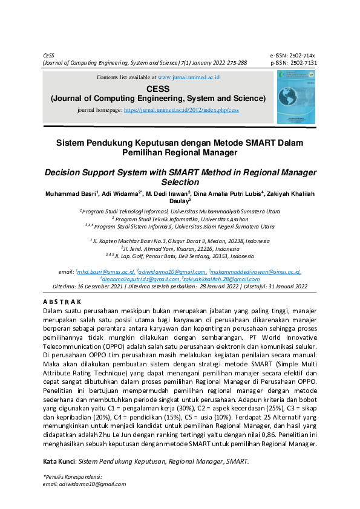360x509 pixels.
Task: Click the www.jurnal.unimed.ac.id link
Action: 189,78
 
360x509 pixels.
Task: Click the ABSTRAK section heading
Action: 62,301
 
